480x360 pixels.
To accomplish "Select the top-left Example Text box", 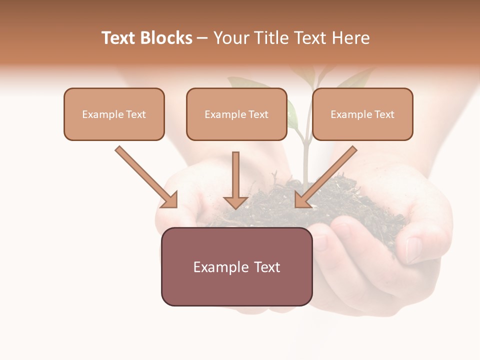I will tap(114, 114).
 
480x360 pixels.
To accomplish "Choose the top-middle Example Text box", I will tap(236, 114).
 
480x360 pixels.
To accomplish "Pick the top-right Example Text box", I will tap(362, 114).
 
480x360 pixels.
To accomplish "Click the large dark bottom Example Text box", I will tap(236, 266).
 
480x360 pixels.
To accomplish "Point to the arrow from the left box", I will tap(145, 176).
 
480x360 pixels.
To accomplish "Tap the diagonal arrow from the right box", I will tap(327, 176).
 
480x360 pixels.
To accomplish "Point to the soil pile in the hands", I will tap(350, 205).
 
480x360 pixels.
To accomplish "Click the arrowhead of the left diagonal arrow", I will tap(170, 200).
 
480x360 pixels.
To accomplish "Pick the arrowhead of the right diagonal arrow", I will tap(302, 200).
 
